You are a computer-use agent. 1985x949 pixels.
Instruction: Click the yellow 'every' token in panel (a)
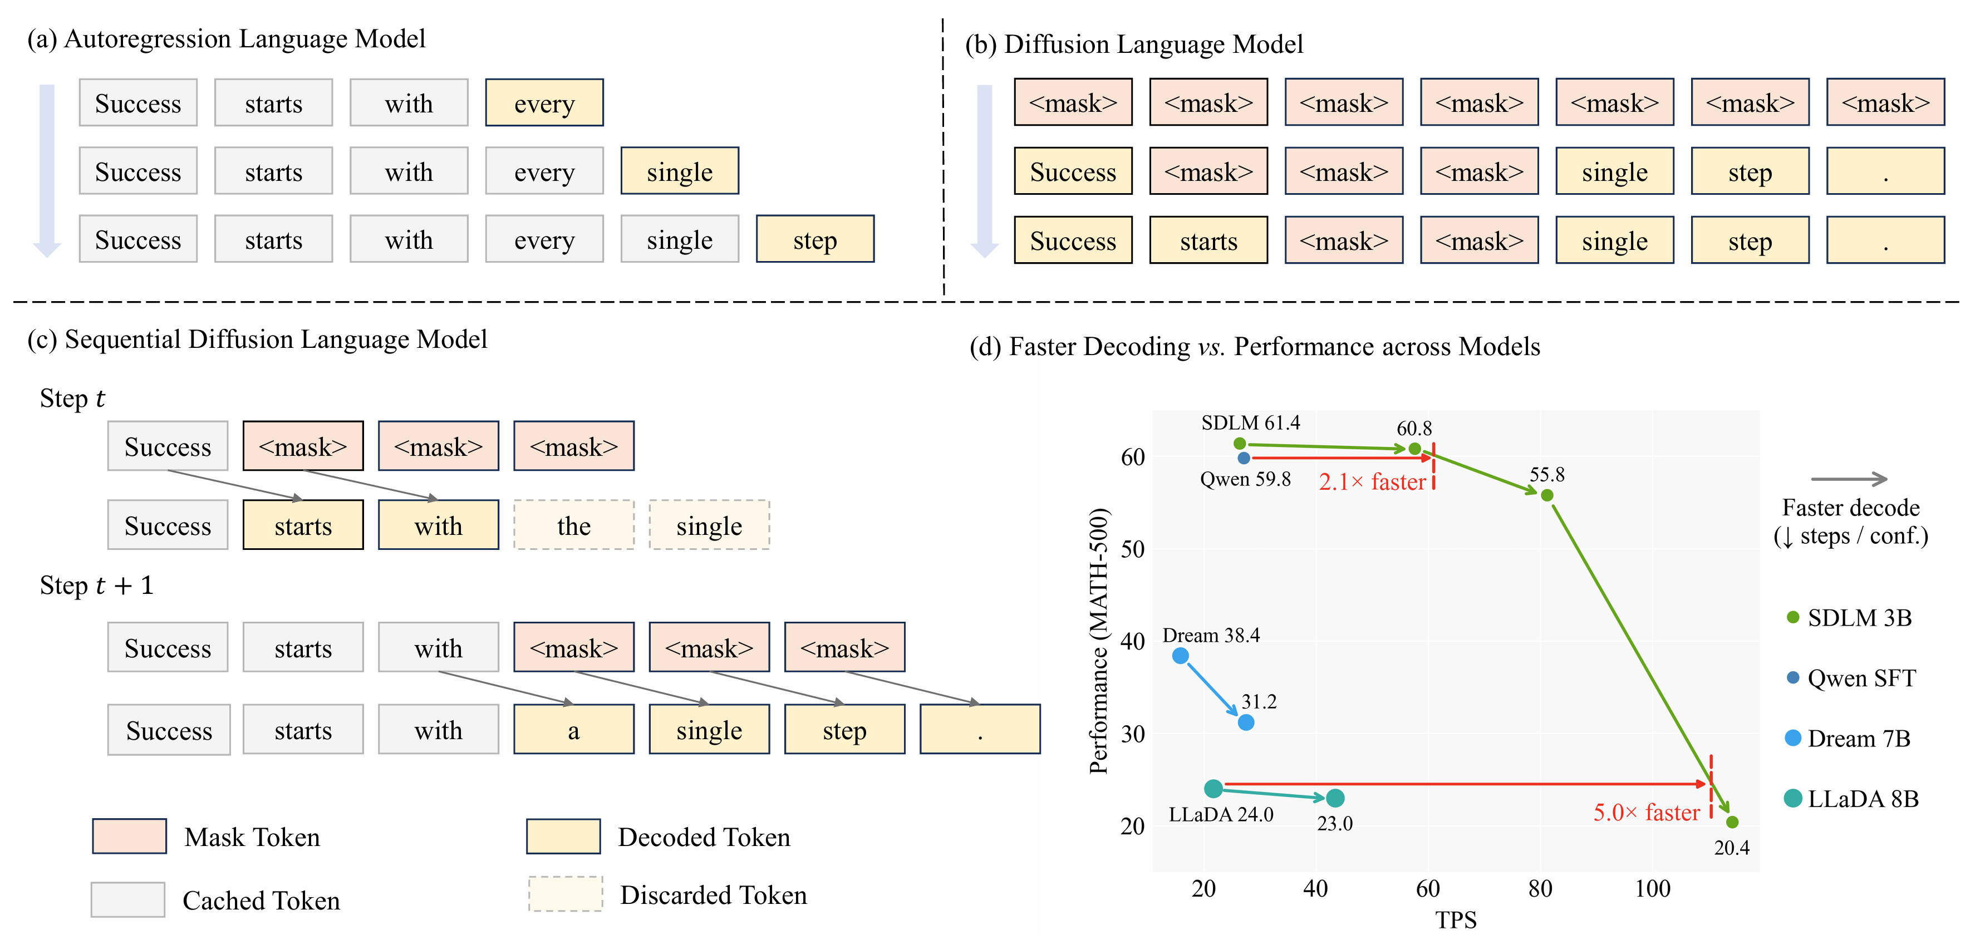click(544, 102)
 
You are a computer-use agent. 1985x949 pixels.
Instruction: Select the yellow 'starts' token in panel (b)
click(1208, 240)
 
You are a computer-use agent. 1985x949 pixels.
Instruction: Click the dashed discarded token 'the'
click(573, 525)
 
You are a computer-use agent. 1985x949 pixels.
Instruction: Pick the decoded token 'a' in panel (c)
click(573, 730)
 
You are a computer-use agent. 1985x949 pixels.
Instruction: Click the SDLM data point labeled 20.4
click(1732, 823)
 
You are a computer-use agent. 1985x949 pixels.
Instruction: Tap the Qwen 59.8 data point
click(1244, 458)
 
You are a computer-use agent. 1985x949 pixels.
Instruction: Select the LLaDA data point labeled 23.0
click(1335, 799)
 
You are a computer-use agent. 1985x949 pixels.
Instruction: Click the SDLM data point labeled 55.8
click(1546, 495)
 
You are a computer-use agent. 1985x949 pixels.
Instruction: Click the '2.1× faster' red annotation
click(1372, 482)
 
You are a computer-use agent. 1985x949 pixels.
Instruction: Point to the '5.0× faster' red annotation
click(1646, 813)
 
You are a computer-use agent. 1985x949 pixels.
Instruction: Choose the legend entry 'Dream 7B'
click(1858, 739)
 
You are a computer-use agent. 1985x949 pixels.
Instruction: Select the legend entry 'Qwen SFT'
click(1860, 678)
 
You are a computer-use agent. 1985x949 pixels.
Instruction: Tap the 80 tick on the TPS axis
click(1540, 889)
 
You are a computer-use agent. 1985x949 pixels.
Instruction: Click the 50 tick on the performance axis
click(1132, 549)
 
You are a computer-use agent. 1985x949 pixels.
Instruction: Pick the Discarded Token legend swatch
click(565, 894)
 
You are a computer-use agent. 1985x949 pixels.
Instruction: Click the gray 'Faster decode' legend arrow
click(1849, 479)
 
